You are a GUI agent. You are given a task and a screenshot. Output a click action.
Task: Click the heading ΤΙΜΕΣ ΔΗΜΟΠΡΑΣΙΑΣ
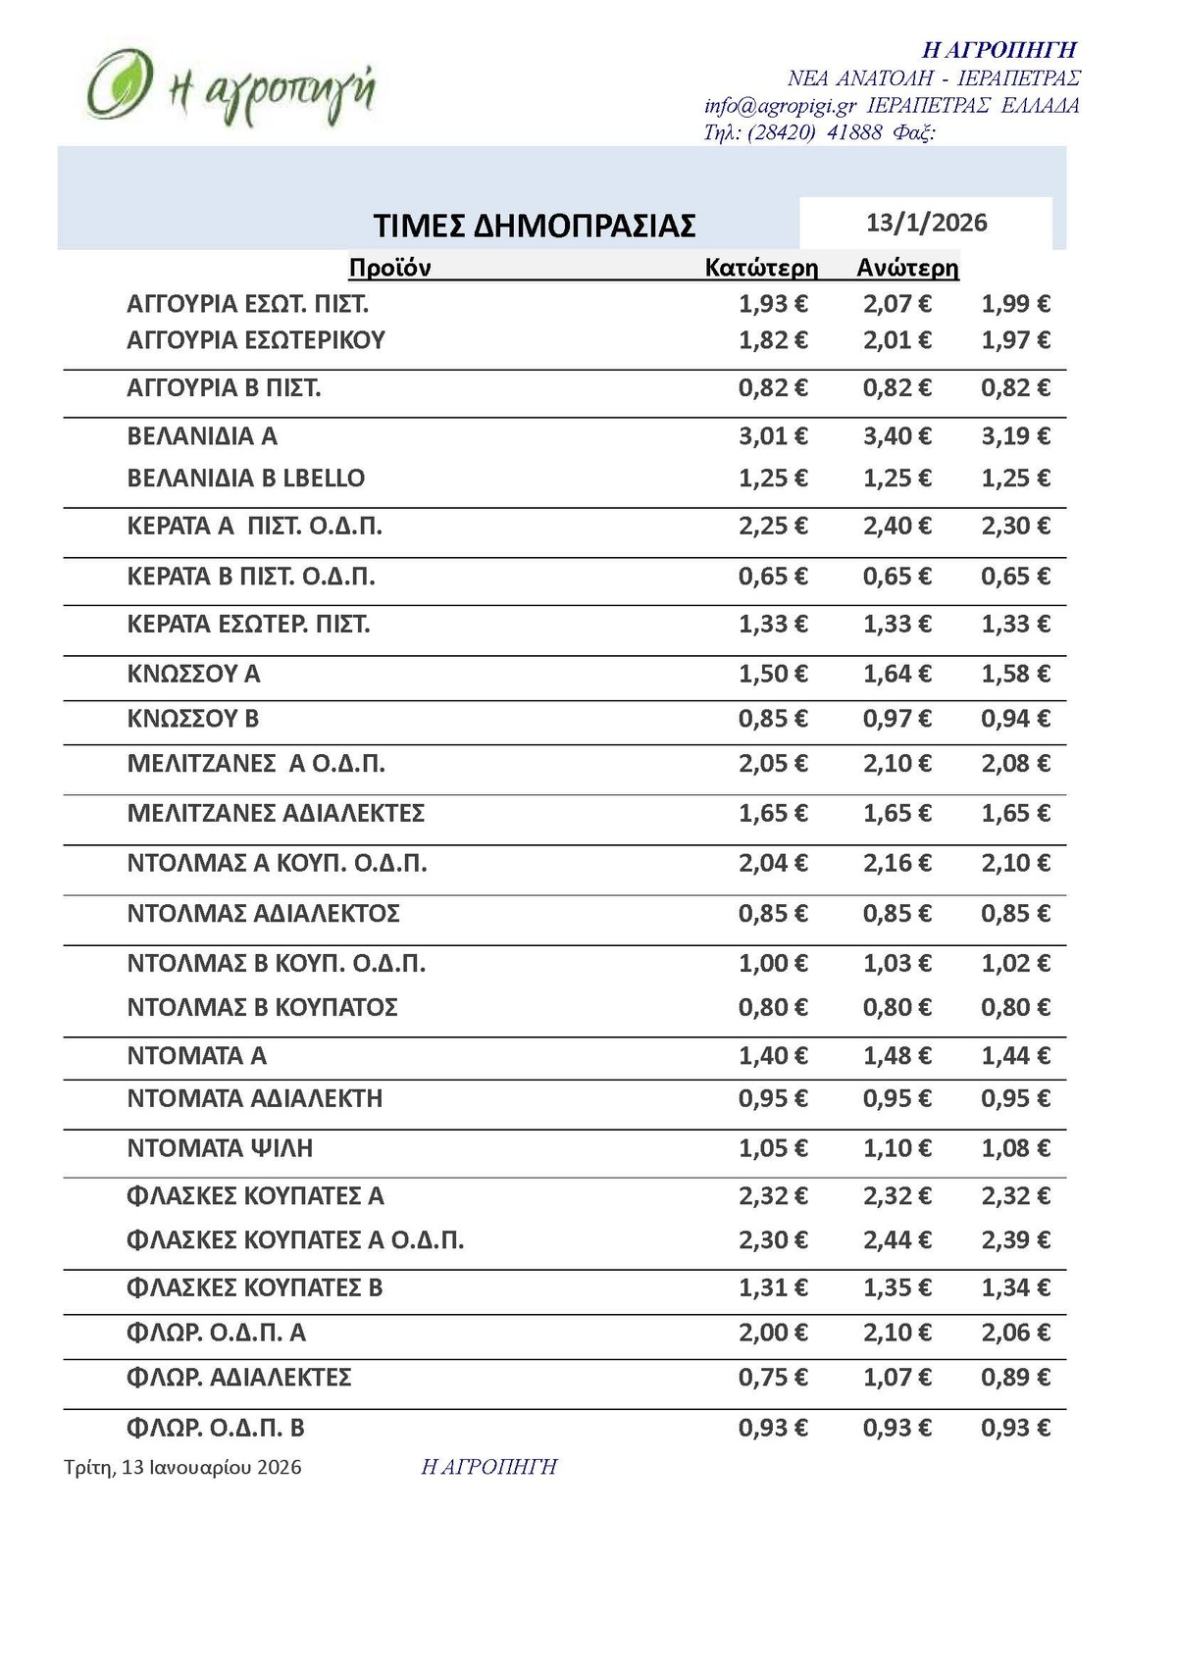535,226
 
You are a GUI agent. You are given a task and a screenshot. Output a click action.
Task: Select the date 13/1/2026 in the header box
926,223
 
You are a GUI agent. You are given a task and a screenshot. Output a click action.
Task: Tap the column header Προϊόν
389,268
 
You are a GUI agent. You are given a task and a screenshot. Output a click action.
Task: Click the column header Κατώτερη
761,268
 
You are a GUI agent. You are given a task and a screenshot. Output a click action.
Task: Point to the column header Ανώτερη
907,268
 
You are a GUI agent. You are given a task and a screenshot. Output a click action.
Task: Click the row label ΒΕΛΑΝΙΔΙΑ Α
202,435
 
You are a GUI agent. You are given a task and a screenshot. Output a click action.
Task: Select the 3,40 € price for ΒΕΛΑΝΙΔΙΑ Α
896,435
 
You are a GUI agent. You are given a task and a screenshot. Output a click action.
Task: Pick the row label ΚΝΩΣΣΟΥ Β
192,719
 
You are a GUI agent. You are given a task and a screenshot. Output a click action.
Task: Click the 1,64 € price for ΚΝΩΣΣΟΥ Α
896,674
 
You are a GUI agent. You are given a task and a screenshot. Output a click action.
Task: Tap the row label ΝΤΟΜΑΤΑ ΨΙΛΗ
220,1147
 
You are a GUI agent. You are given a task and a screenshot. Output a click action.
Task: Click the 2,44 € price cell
896,1240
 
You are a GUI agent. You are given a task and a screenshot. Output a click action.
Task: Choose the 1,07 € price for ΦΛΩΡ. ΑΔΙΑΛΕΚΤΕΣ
896,1378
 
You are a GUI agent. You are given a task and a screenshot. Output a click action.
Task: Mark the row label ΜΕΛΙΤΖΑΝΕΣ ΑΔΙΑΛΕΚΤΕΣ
276,813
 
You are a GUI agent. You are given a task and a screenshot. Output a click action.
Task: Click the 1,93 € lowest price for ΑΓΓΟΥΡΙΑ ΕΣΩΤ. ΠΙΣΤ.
773,304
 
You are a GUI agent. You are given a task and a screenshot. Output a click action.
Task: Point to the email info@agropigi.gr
781,106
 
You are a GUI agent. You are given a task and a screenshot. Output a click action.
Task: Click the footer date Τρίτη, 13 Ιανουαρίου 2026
182,1467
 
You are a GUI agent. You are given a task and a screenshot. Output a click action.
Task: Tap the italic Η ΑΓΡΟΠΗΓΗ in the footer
488,1467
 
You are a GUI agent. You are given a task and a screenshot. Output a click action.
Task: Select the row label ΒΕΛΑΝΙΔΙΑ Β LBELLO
245,479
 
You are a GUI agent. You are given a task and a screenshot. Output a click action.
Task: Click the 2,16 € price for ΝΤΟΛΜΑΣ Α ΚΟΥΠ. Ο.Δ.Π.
896,863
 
